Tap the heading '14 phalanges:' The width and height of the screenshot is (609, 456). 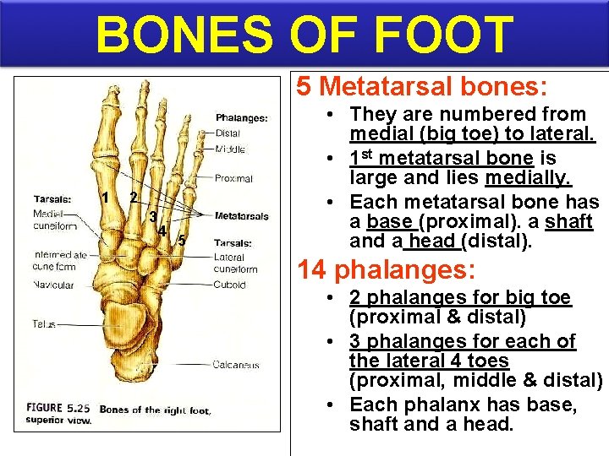(386, 270)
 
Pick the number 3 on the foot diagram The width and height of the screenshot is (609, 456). (151, 216)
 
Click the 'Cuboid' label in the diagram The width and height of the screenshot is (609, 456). (229, 285)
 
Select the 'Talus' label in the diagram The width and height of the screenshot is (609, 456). (44, 323)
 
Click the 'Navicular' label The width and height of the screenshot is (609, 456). (52, 285)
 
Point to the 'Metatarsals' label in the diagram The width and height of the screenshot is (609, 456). (241, 216)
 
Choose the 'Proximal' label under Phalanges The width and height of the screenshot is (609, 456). (233, 178)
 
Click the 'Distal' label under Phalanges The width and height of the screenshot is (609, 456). (228, 133)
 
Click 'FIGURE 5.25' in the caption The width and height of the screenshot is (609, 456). (58, 409)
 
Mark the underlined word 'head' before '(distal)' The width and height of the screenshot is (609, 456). (433, 242)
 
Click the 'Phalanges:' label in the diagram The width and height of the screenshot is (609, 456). (241, 118)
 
